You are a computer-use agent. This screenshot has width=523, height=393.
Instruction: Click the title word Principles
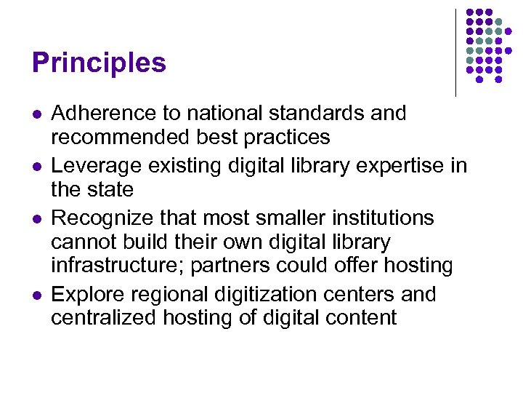tap(100, 63)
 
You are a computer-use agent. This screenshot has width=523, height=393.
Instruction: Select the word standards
tap(327, 114)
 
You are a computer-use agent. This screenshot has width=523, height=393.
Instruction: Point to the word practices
tap(285, 138)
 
